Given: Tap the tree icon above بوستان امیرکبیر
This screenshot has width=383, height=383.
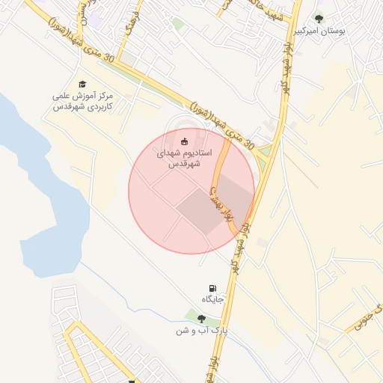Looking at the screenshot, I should tap(319, 19).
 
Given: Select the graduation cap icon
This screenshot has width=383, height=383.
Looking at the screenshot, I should tap(82, 85).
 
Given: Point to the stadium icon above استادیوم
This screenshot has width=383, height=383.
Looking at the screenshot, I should tap(185, 140).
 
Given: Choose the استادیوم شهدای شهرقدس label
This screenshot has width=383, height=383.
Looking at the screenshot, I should tap(184, 157).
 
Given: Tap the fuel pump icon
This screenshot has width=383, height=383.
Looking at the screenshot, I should tap(212, 287).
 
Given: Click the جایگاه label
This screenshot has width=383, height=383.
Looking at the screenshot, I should tap(212, 298).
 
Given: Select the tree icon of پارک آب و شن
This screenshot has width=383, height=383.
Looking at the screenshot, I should tap(201, 318).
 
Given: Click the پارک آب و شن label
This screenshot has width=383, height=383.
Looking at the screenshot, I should tap(201, 330).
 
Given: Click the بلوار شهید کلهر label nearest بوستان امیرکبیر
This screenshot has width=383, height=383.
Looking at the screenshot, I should tap(287, 67).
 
